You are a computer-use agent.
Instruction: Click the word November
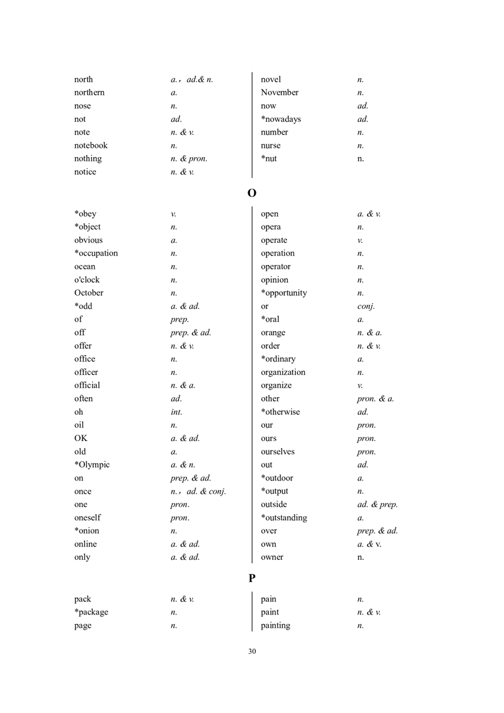click(x=279, y=93)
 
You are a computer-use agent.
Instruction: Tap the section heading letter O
click(x=252, y=193)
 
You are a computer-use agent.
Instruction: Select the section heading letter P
click(x=252, y=578)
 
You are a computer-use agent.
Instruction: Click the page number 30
click(x=252, y=651)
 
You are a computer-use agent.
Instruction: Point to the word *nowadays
click(x=281, y=119)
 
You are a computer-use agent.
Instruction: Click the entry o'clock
click(x=87, y=280)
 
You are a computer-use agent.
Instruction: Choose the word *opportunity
click(x=284, y=293)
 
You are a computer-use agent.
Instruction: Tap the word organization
click(x=283, y=372)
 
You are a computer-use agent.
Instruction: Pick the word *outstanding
click(x=284, y=518)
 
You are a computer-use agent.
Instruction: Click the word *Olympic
click(x=92, y=465)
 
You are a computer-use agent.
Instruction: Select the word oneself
click(x=88, y=518)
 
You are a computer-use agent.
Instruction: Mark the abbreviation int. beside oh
click(x=176, y=412)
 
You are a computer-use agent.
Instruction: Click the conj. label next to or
click(x=366, y=306)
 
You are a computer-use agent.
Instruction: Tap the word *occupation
click(x=96, y=254)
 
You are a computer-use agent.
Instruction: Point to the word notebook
click(x=91, y=146)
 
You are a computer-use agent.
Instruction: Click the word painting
click(x=275, y=626)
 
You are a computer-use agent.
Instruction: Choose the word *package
click(x=91, y=613)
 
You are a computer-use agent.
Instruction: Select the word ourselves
click(x=277, y=452)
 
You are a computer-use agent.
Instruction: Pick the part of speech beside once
click(x=198, y=491)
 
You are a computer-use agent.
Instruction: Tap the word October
click(x=89, y=293)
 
